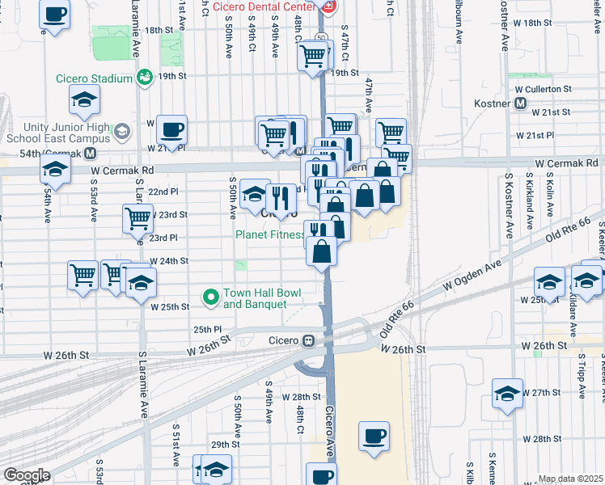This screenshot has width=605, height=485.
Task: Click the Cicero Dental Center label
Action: (x=265, y=7)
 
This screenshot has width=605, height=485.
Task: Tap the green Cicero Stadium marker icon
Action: (x=146, y=78)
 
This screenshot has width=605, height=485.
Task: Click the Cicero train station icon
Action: (x=309, y=340)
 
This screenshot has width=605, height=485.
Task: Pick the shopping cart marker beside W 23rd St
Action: (x=137, y=217)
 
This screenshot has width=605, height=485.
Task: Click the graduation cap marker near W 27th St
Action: (x=507, y=394)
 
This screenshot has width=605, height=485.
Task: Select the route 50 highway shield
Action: (x=321, y=37)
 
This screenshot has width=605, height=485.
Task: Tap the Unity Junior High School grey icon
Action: (x=121, y=131)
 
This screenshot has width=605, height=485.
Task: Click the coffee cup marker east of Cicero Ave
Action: (x=373, y=436)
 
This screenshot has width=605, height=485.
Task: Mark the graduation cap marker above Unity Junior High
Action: (x=84, y=100)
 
